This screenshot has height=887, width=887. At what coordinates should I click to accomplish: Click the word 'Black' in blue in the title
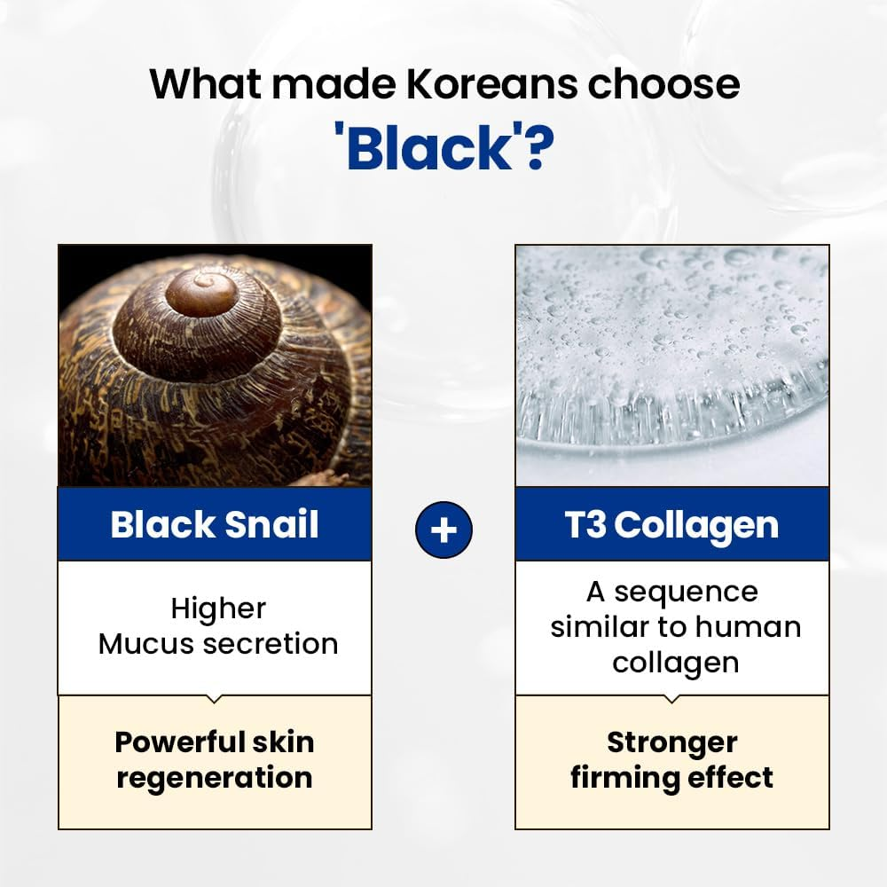(429, 148)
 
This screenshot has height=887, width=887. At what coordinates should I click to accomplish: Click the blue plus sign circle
(443, 530)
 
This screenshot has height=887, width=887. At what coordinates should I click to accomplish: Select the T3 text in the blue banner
(586, 524)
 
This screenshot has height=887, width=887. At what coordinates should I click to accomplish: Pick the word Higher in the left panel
(218, 608)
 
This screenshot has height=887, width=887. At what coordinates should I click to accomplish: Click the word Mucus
(153, 643)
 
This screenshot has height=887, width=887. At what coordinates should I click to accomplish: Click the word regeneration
(215, 778)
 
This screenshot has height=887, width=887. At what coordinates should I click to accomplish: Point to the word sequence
(686, 592)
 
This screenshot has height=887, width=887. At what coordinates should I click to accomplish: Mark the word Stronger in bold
(671, 742)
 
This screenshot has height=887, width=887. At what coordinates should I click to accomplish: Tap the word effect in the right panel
(733, 778)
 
